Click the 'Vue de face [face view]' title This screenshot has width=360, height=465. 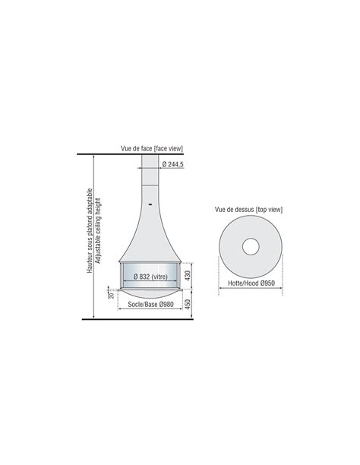(152, 148)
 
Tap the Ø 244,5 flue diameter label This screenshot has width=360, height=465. (173, 164)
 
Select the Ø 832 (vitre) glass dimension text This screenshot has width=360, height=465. (150, 277)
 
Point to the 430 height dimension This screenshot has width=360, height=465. (188, 276)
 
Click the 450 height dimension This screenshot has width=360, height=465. (188, 304)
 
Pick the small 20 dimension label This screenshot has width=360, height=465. (112, 296)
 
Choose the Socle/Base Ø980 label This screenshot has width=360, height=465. (150, 304)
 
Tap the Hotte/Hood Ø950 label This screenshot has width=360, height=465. (251, 283)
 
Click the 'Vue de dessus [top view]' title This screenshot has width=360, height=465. (248, 210)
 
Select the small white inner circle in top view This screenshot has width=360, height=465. (251, 246)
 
